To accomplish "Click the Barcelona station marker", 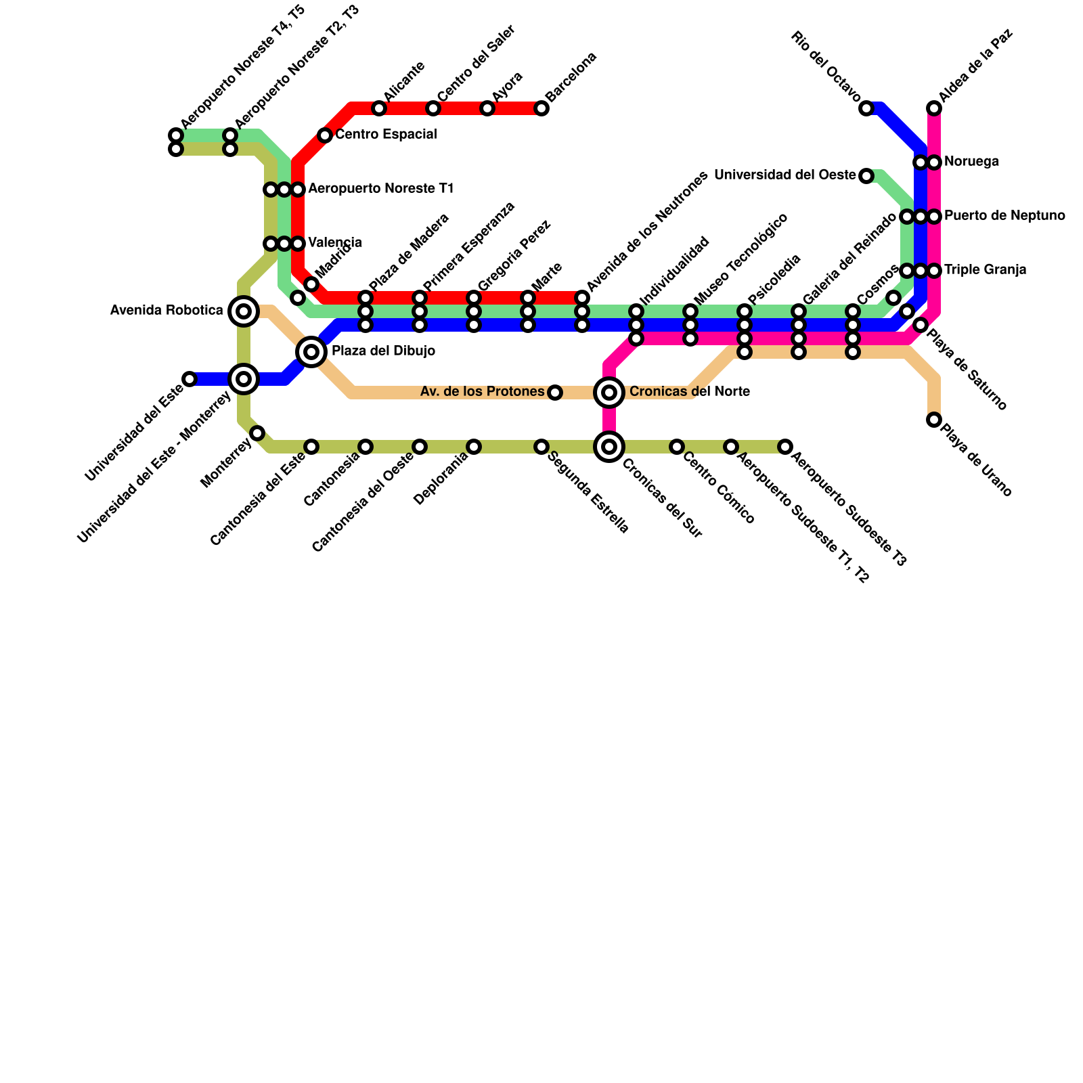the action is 541,108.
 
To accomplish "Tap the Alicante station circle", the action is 379,108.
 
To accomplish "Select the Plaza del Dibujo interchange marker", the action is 311,351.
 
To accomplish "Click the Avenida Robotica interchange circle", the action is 244,311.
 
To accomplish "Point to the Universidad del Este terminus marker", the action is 190,379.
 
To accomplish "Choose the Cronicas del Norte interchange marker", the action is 609,392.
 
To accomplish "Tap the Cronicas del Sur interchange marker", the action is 609,447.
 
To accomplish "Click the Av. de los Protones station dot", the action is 555,393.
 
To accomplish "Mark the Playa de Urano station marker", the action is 934,420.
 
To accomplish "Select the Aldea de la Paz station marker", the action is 934,108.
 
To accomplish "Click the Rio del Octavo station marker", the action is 866,108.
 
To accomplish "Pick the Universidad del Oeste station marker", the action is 866,176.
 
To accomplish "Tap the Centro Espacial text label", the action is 386,135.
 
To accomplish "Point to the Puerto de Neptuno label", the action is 1004,216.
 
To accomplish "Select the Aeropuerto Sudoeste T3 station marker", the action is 785,447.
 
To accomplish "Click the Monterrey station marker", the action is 257,433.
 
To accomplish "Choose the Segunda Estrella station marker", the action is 541,447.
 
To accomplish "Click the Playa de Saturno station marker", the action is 921,325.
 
